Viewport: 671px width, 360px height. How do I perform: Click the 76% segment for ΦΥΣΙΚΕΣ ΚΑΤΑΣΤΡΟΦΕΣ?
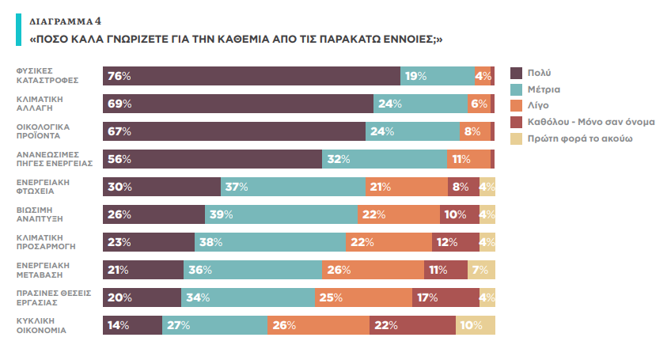click(252, 76)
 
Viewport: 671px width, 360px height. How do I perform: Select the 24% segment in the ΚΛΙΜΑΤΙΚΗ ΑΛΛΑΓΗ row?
click(420, 104)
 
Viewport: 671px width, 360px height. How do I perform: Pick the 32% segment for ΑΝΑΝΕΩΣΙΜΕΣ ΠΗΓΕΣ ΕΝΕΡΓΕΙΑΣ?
click(385, 159)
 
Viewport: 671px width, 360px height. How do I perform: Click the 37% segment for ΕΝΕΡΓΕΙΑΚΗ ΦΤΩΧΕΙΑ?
click(293, 187)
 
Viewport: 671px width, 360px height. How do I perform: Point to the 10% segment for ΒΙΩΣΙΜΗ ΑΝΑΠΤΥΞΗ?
click(460, 214)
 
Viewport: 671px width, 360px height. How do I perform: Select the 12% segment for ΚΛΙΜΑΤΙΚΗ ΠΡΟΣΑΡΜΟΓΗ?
click(455, 242)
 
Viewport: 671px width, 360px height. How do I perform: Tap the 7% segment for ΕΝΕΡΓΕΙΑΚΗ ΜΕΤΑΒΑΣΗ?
click(481, 270)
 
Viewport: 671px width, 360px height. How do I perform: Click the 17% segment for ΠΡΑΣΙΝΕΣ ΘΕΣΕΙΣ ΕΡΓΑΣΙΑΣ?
click(445, 297)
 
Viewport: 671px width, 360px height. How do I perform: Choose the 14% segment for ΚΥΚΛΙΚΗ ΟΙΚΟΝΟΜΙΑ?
click(132, 325)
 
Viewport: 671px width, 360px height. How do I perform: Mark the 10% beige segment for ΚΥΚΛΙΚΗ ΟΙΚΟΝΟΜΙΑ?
click(476, 325)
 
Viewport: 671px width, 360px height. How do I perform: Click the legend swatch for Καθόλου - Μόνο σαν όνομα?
click(516, 122)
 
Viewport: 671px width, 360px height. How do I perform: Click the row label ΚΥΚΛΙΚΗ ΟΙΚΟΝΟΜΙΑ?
click(43, 324)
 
